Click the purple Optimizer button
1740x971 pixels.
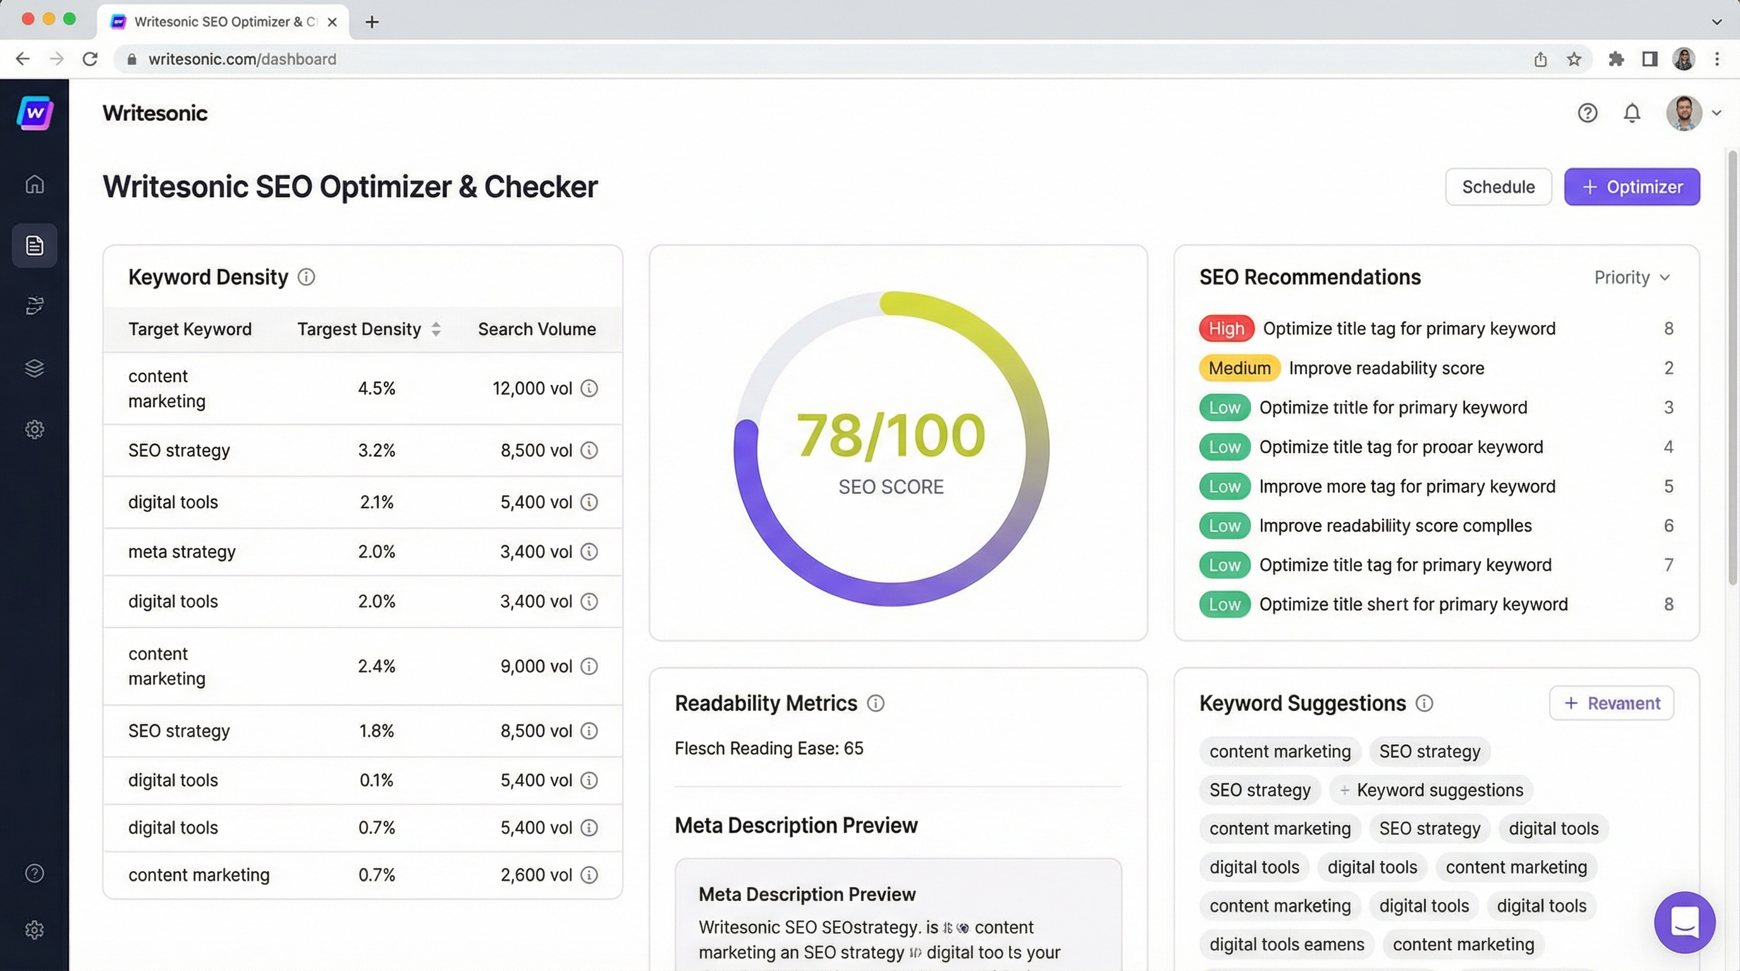1631,187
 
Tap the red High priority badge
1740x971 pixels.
1226,329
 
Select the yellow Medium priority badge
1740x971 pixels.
1239,368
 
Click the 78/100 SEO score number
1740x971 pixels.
890,436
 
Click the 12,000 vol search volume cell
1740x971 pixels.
532,388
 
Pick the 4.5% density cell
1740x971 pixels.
376,388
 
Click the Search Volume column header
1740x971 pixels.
536,329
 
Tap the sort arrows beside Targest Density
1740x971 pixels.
436,329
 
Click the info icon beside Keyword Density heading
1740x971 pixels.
307,278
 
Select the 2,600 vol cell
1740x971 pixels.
536,875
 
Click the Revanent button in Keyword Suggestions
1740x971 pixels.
1611,704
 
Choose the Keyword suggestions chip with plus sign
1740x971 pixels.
1431,790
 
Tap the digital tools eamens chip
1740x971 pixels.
1286,944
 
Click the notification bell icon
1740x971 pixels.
1631,113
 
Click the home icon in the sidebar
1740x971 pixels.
34,184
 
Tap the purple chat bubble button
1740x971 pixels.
1684,922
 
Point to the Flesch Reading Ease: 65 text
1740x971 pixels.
769,748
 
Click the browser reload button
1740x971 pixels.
90,59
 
